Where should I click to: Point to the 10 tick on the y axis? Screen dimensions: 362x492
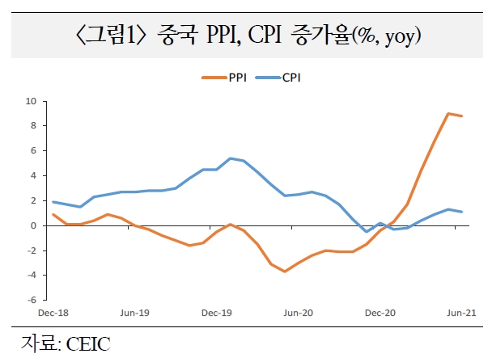pyautogui.click(x=32, y=101)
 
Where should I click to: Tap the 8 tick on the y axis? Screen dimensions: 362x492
pyautogui.click(x=33, y=126)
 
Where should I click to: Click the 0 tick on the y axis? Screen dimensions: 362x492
pyautogui.click(x=33, y=225)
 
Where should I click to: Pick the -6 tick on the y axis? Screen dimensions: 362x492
pyautogui.click(x=32, y=300)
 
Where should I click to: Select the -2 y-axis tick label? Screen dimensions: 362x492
pyautogui.click(x=32, y=250)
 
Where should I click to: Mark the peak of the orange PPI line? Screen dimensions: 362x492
pyautogui.click(x=448, y=113)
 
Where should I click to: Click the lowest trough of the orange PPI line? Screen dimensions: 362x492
pyautogui.click(x=285, y=271)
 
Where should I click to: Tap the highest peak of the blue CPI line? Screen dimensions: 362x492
pyautogui.click(x=231, y=158)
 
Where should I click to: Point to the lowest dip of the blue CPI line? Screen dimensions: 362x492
pyautogui.click(x=367, y=232)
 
